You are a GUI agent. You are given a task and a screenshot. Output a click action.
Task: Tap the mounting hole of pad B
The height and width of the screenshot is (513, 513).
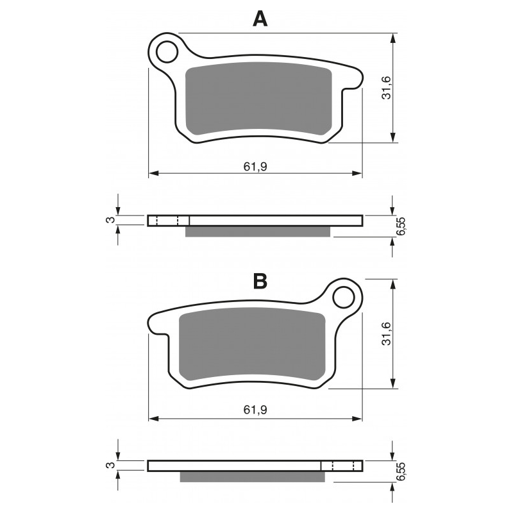point(344,298)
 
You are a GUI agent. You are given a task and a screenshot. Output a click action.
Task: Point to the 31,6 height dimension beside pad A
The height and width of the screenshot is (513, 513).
point(386,88)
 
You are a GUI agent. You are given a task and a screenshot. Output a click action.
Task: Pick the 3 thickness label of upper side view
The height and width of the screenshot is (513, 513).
point(110,221)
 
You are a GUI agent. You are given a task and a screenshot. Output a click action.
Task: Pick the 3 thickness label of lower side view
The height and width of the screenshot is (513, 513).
point(110,466)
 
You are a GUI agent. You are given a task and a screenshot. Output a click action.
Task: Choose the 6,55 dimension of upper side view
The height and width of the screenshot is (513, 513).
point(401,227)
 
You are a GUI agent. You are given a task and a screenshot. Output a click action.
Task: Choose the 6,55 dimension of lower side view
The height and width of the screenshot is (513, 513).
point(401,472)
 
